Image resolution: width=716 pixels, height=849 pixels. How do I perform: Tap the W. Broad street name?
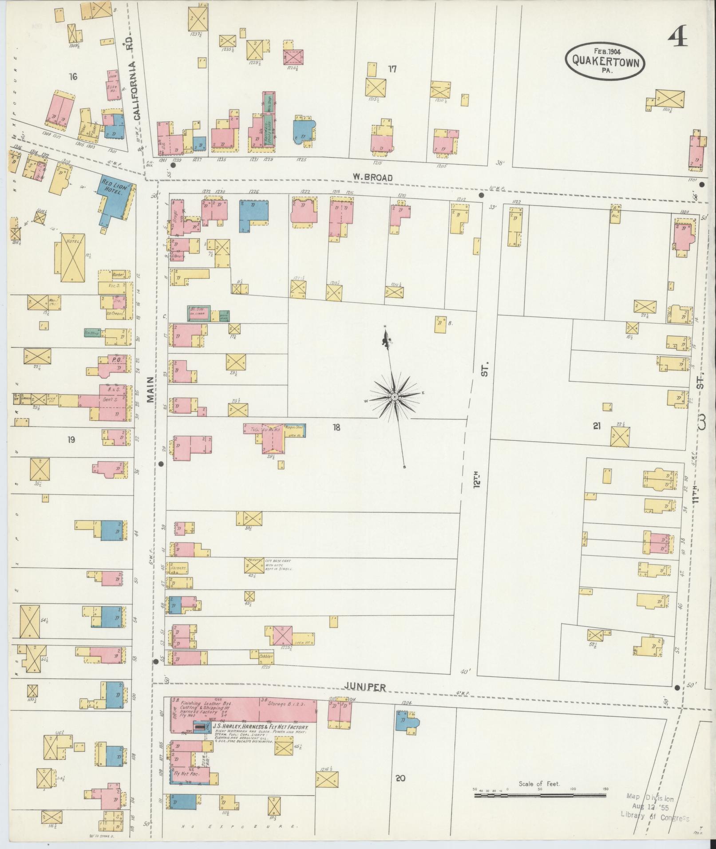[x=372, y=178]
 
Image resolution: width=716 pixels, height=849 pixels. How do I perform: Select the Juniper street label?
[x=365, y=699]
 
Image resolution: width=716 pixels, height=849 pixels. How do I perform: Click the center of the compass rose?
[x=394, y=396]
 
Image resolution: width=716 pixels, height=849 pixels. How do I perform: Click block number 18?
[x=336, y=427]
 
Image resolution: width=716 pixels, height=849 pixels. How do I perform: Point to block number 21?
[x=597, y=426]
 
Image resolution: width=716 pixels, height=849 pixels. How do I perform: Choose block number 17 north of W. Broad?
[x=392, y=69]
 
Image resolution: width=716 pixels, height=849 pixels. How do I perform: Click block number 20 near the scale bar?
[x=400, y=790]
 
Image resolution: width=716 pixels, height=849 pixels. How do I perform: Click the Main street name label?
[x=151, y=390]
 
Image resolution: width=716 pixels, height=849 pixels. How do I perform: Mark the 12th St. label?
[x=479, y=448]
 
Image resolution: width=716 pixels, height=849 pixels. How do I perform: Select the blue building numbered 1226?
[x=253, y=214]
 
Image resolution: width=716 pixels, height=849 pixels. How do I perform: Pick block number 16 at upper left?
[x=73, y=77]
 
